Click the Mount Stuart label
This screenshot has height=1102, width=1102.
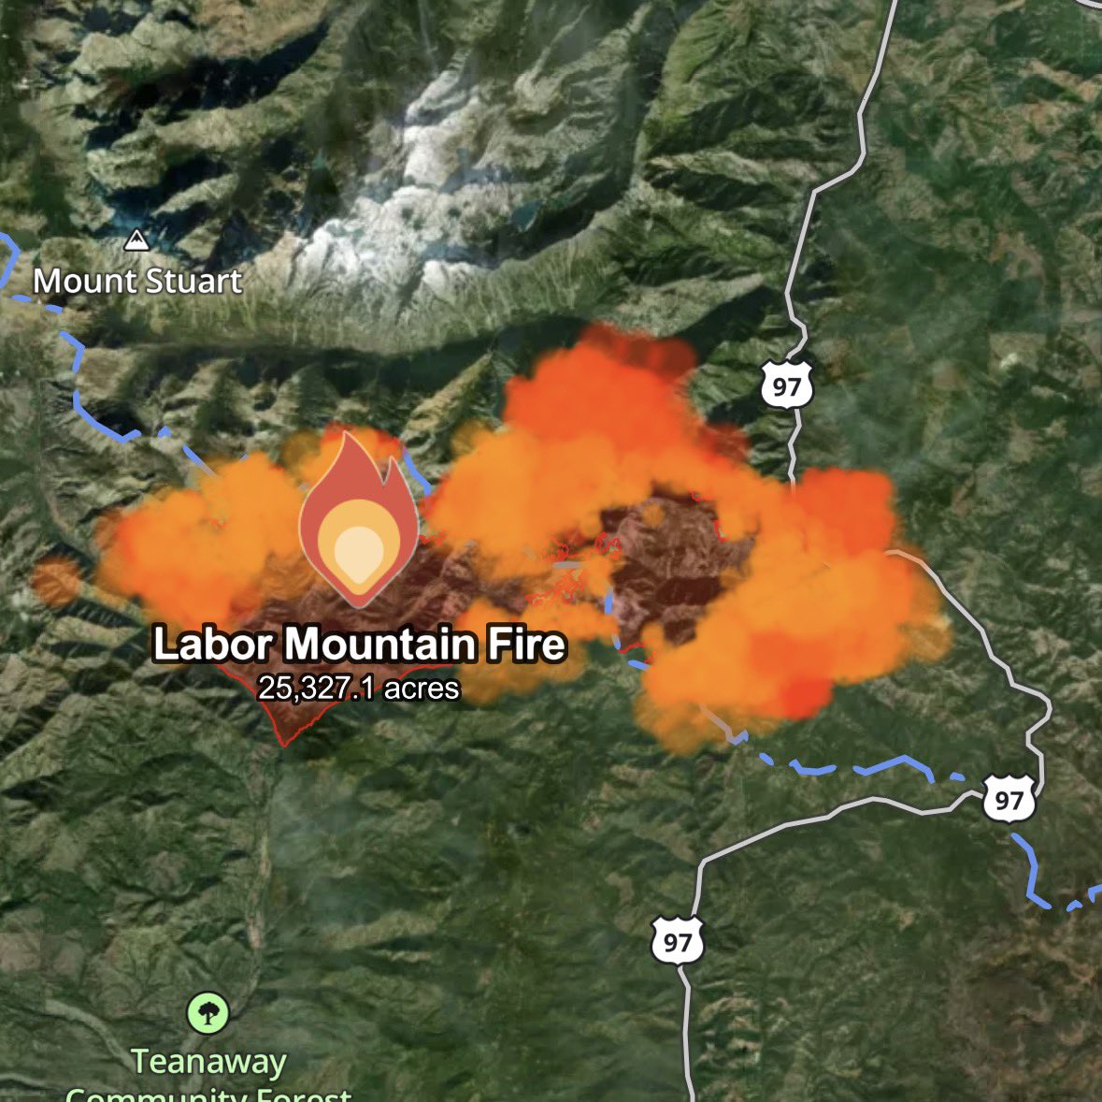click(x=137, y=281)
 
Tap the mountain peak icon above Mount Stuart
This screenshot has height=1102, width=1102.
click(x=137, y=241)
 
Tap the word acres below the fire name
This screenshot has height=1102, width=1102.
click(x=422, y=689)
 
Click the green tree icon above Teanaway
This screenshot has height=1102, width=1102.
click(x=208, y=1013)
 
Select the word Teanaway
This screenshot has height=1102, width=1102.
click(x=208, y=1062)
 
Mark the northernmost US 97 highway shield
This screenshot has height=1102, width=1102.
click(x=786, y=385)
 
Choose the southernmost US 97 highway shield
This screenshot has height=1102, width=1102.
click(x=677, y=941)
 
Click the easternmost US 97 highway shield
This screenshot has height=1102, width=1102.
click(x=1009, y=800)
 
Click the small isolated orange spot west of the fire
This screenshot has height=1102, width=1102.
click(x=56, y=581)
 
